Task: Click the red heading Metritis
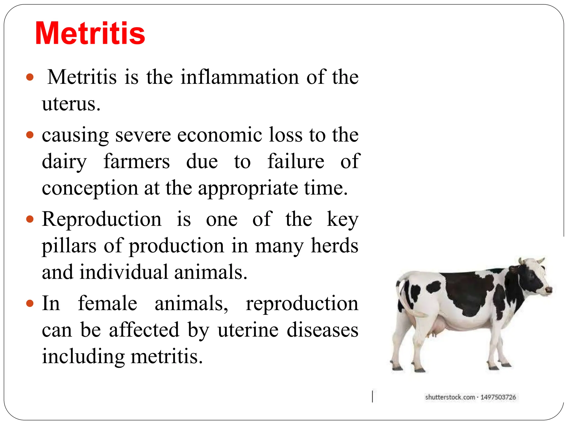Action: tap(90, 33)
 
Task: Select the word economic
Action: tap(219, 135)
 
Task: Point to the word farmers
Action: tap(136, 161)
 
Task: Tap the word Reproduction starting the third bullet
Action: tap(102, 219)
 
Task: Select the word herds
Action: tap(334, 246)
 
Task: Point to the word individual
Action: tap(124, 272)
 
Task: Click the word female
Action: tap(108, 303)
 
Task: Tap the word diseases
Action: tap(322, 330)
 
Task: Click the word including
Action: tap(83, 356)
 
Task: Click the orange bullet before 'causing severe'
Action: tap(30, 135)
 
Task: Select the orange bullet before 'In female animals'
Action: tap(30, 303)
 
